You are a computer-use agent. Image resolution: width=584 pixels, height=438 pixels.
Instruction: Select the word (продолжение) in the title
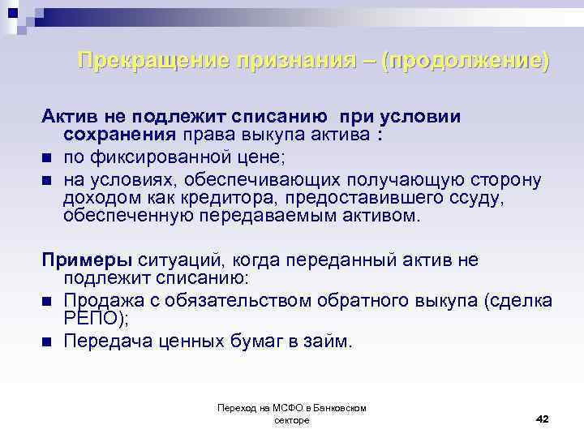click(x=467, y=61)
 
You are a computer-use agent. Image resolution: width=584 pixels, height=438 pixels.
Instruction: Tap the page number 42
click(x=543, y=419)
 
